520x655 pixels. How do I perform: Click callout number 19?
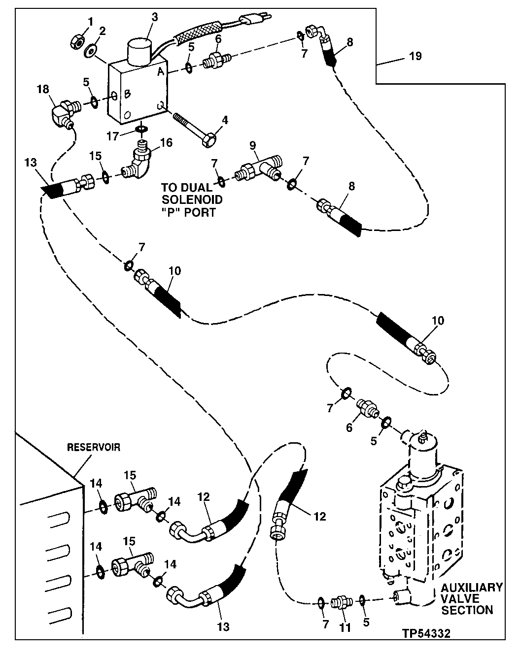click(415, 56)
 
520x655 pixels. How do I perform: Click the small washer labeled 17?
click(141, 129)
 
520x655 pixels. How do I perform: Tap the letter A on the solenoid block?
click(160, 72)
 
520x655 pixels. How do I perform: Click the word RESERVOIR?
click(94, 448)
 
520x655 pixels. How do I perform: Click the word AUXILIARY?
click(471, 588)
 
